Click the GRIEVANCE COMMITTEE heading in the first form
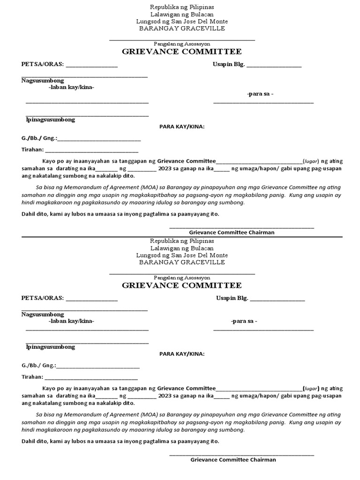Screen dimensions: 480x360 tap(182, 52)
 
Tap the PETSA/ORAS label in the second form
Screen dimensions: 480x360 tap(43, 299)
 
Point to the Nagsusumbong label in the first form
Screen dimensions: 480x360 tap(43, 81)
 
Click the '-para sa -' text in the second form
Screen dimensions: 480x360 tap(244, 321)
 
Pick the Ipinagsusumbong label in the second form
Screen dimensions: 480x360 tap(51, 347)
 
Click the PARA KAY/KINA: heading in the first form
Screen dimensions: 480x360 tap(182, 127)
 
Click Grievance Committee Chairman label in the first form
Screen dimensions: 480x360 tap(232, 232)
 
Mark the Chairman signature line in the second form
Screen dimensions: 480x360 tap(241, 455)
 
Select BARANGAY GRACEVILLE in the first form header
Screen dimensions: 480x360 tap(182, 29)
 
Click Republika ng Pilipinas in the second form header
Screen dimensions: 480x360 tap(182, 241)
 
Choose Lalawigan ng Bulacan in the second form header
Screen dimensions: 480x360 tap(182, 248)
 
